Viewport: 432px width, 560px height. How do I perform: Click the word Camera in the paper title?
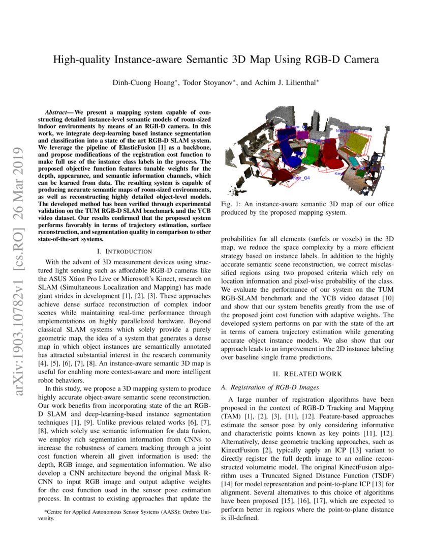[x=358, y=60]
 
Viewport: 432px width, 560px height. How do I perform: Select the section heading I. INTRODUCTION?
[x=124, y=251]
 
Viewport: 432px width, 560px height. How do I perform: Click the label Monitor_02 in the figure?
[x=347, y=131]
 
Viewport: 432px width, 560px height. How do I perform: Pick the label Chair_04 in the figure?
[x=300, y=178]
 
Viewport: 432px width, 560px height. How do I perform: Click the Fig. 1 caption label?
[x=231, y=204]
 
